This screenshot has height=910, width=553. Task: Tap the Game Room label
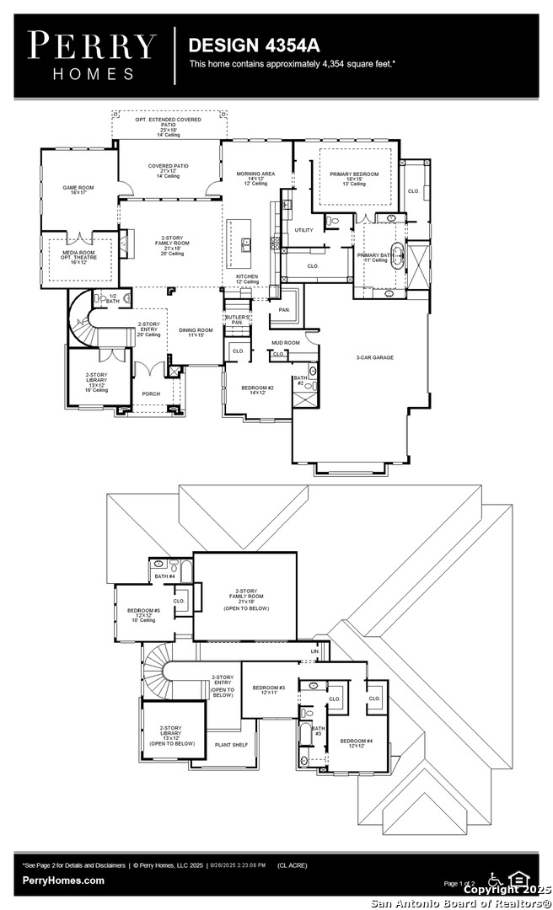75,190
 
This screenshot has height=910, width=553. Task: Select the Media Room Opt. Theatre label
78,256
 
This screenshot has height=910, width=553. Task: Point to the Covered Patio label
168,170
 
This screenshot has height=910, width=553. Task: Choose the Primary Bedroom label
354,178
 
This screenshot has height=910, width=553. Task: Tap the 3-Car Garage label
373,357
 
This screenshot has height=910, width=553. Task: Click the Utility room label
303,230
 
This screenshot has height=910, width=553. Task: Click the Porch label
151,393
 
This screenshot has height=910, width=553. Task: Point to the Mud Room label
285,343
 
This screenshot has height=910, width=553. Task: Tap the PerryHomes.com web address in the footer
64,881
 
